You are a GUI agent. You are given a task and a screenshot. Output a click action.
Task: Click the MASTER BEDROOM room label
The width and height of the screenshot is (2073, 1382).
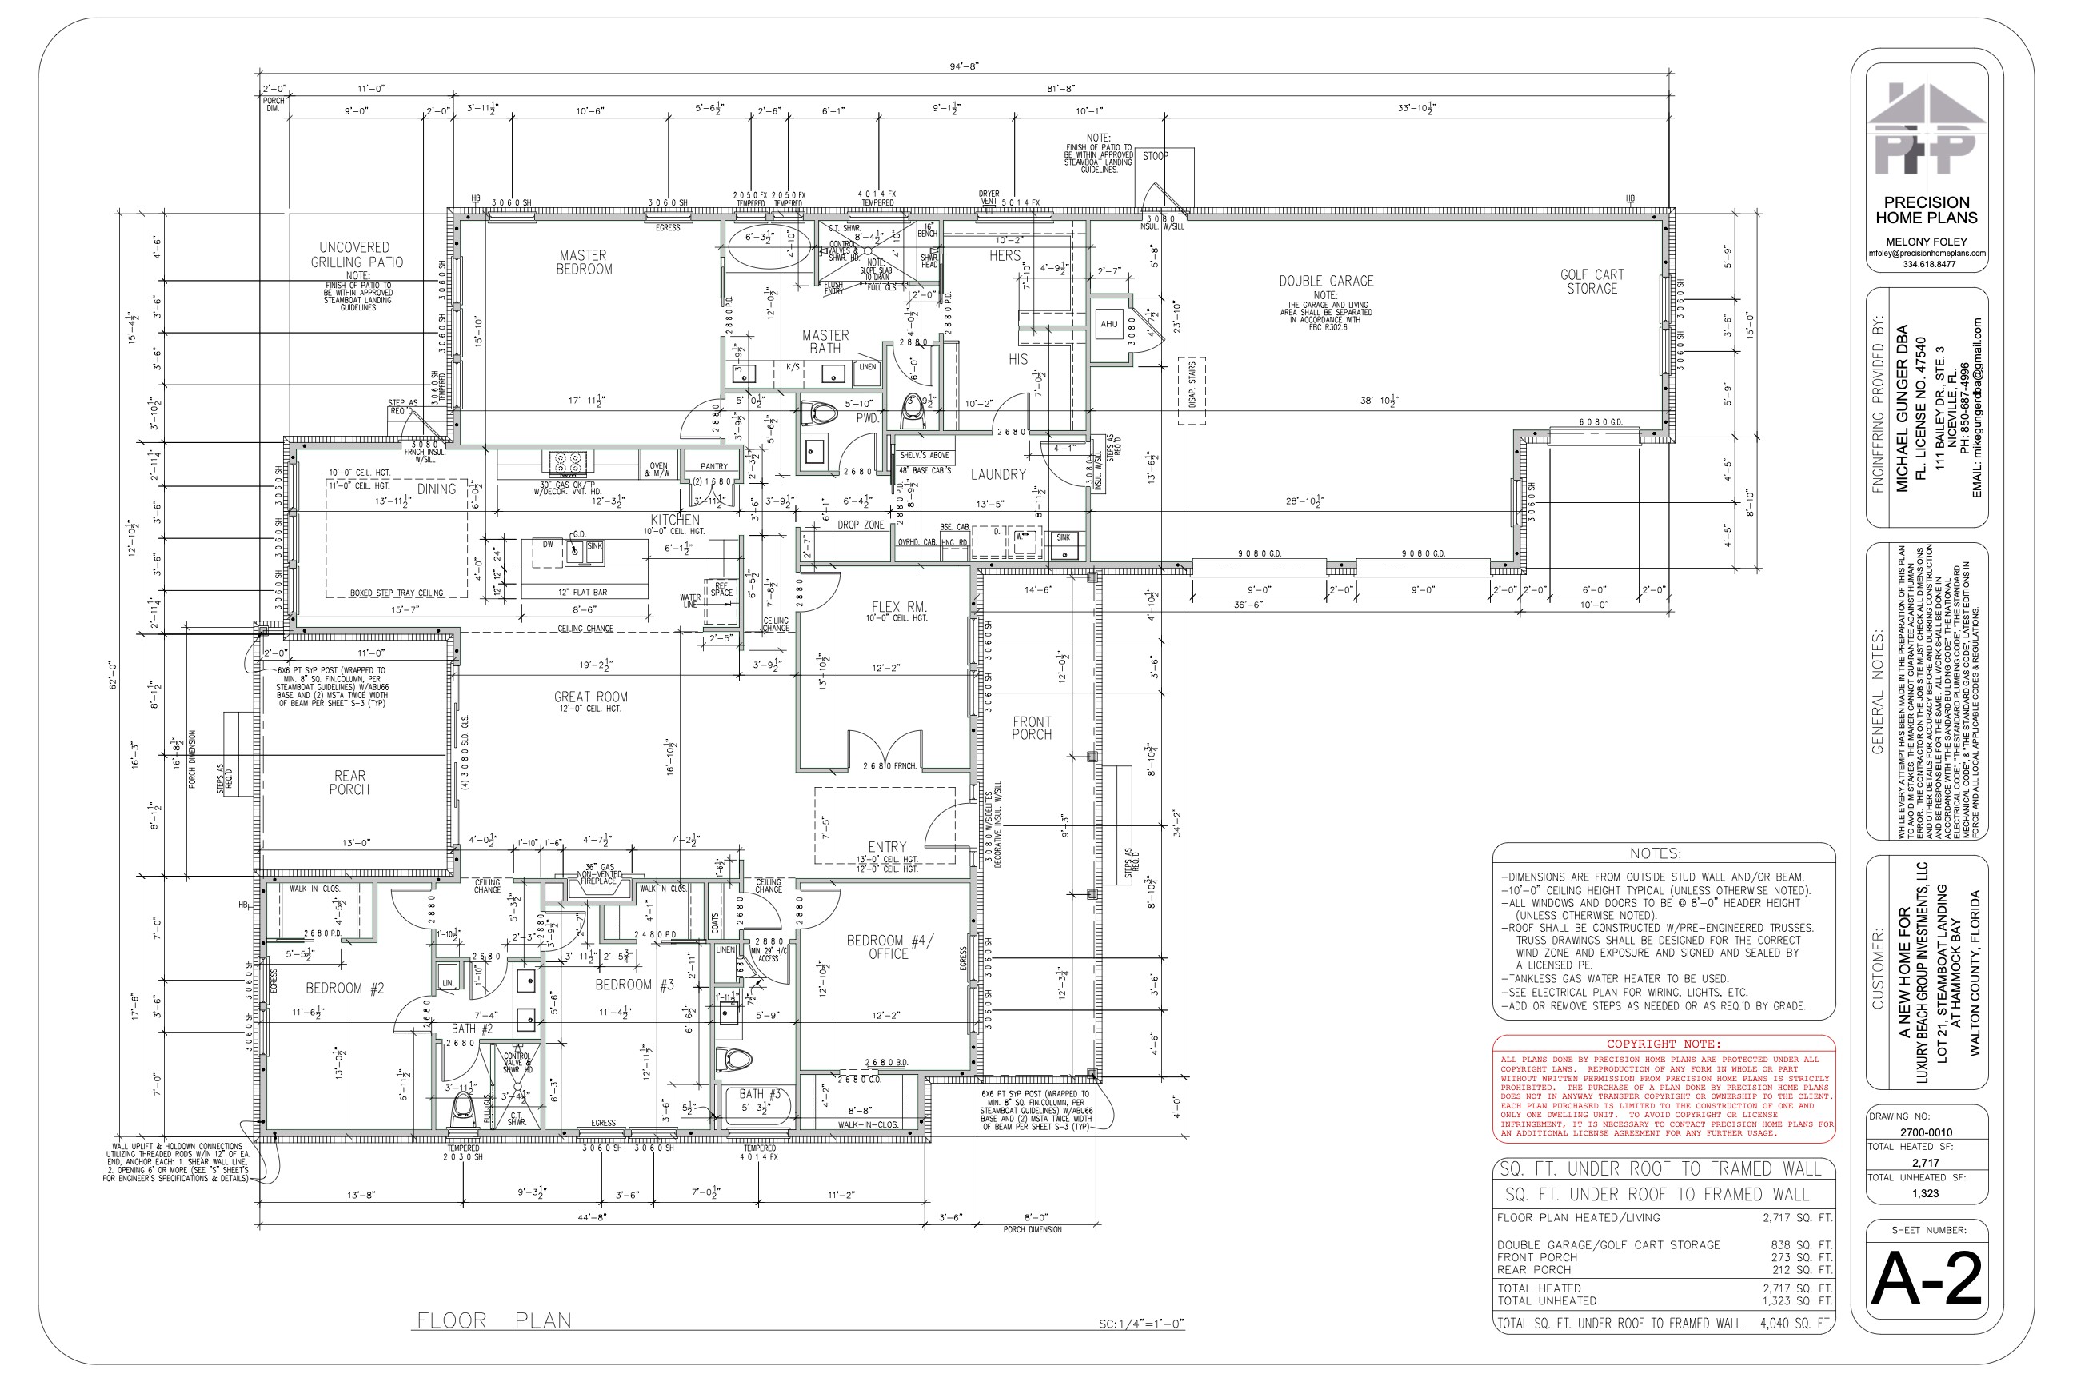(x=584, y=262)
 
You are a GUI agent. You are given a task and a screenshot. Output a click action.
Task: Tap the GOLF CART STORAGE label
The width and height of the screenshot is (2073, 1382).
(x=1592, y=282)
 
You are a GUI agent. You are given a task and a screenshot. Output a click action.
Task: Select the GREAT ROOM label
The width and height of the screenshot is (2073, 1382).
(x=590, y=697)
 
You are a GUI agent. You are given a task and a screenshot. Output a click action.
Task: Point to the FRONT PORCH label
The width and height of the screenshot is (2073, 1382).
(x=1031, y=728)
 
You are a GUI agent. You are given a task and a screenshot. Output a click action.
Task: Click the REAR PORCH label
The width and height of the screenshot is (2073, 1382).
(x=350, y=783)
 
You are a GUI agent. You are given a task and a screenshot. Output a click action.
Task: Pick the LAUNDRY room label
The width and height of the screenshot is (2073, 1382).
(x=998, y=474)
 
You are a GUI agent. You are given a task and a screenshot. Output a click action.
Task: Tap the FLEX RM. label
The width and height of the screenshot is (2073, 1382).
(x=898, y=606)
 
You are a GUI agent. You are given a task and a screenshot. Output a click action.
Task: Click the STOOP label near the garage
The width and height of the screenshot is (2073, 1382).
(x=1156, y=156)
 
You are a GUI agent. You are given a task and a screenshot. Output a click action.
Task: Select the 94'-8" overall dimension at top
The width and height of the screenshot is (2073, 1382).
(x=965, y=66)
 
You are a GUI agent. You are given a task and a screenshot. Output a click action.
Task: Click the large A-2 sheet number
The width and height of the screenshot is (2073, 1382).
(x=1927, y=1280)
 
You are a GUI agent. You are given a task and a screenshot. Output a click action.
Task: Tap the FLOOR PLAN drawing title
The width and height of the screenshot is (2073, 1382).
(x=493, y=1320)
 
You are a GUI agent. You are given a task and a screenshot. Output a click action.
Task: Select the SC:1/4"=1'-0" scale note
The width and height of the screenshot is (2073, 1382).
(x=1141, y=1324)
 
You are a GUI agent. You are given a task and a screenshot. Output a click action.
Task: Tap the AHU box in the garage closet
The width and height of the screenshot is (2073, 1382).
(x=1108, y=323)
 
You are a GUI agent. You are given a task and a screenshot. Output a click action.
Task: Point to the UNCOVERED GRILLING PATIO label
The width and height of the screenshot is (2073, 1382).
(x=356, y=254)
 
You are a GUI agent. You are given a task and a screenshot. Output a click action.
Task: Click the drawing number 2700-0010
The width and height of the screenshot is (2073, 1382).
(x=1926, y=1132)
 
